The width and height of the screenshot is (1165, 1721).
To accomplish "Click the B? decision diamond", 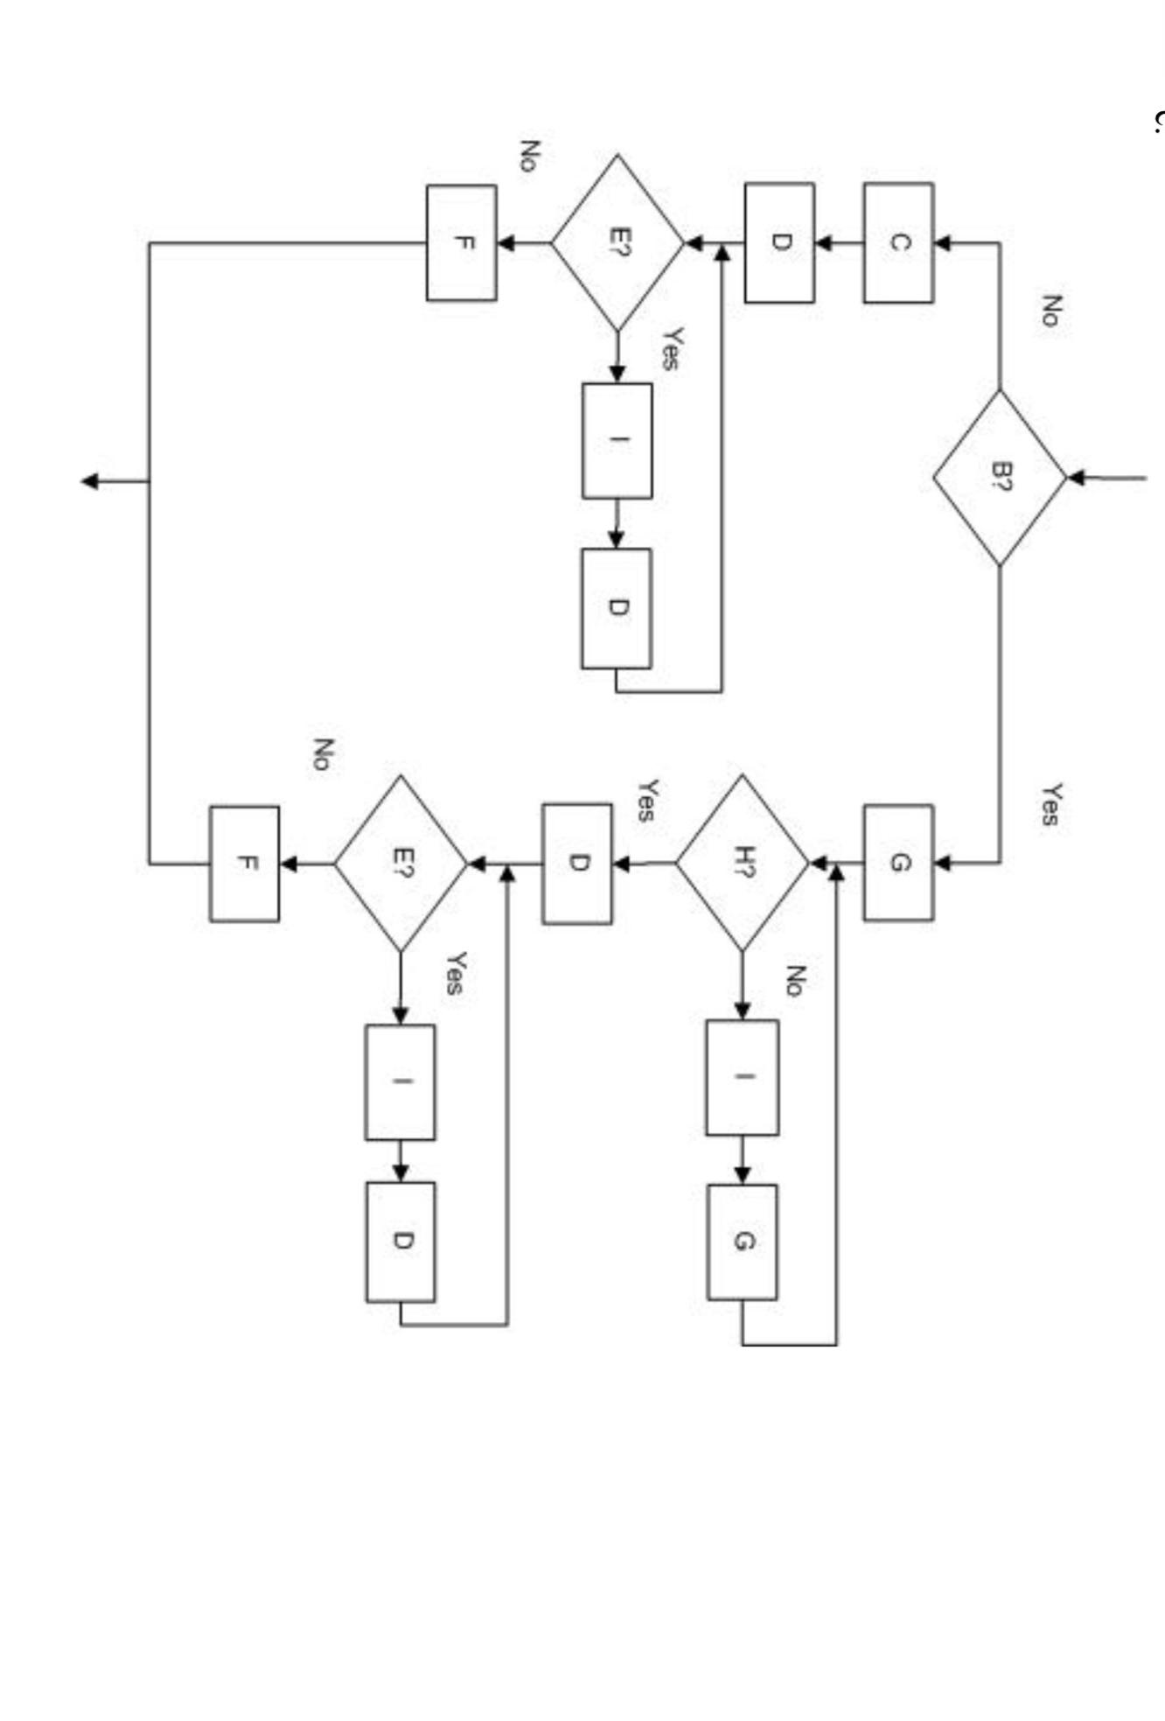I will [1000, 478].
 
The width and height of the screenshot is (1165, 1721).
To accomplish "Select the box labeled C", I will [898, 242].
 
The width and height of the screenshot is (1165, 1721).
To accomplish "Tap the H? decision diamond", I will [743, 863].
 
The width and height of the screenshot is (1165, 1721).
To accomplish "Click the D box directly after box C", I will [779, 242].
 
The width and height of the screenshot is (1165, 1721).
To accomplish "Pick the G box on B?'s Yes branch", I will [898, 863].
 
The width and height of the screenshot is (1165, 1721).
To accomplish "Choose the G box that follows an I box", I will [743, 1242].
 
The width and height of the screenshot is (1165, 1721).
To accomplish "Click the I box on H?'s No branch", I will [743, 1077].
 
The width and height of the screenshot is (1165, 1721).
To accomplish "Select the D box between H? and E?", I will [577, 864].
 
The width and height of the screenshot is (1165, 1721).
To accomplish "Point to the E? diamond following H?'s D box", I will [401, 864].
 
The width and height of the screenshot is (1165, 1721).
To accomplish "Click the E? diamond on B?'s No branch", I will [617, 242].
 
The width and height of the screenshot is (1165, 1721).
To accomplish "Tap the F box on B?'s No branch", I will [462, 242].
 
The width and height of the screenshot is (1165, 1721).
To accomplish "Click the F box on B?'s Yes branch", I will [245, 864].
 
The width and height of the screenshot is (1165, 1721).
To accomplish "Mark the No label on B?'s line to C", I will [1050, 311].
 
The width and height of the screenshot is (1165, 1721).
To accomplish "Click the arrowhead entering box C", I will [943, 243].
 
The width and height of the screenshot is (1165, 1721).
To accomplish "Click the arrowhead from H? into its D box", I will [622, 864].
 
